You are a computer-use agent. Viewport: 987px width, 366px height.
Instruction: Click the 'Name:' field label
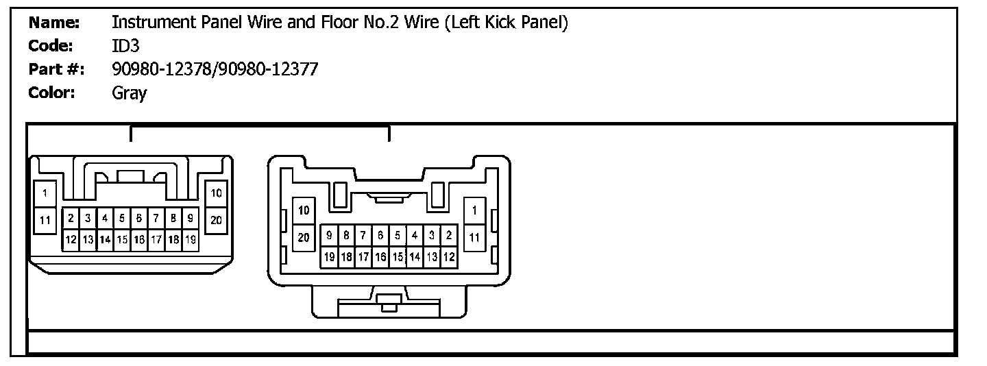pyautogui.click(x=54, y=23)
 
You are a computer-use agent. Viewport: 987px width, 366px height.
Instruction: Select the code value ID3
pyautogui.click(x=125, y=46)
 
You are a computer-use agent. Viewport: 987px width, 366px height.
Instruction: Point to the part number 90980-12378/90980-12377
pyautogui.click(x=215, y=69)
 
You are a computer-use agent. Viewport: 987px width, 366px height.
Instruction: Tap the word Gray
pyautogui.click(x=129, y=93)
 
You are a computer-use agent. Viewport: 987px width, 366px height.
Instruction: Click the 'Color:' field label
pyautogui.click(x=51, y=93)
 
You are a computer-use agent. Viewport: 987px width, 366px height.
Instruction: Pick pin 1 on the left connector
pyautogui.click(x=45, y=193)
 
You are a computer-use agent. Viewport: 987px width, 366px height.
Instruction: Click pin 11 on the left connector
pyautogui.click(x=45, y=220)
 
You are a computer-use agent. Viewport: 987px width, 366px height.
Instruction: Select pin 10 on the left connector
pyautogui.click(x=216, y=193)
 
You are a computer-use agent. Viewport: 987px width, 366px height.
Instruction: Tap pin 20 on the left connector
pyautogui.click(x=216, y=220)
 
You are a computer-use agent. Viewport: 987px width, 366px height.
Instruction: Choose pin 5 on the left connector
pyautogui.click(x=122, y=219)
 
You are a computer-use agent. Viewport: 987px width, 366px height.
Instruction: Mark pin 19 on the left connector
pyautogui.click(x=191, y=240)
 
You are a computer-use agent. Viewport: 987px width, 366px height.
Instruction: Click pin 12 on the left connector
pyautogui.click(x=71, y=240)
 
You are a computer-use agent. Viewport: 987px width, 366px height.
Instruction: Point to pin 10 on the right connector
pyautogui.click(x=304, y=210)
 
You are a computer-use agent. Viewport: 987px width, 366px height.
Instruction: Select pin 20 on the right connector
pyautogui.click(x=304, y=237)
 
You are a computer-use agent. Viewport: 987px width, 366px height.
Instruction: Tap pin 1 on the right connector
pyautogui.click(x=474, y=210)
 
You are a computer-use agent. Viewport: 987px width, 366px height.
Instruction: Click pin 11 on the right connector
pyautogui.click(x=474, y=237)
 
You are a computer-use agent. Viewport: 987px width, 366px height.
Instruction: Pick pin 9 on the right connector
pyautogui.click(x=329, y=235)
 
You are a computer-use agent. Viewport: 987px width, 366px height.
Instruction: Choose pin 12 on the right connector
pyautogui.click(x=449, y=257)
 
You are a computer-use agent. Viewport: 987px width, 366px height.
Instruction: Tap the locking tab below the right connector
pyautogui.click(x=388, y=302)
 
